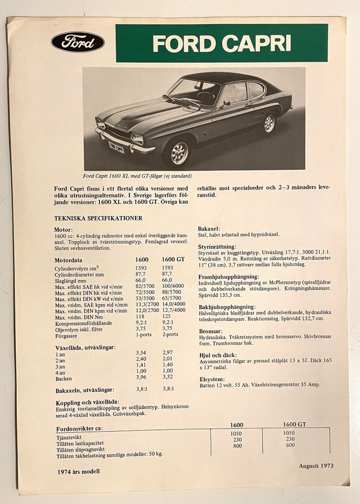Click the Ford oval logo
point(78,42)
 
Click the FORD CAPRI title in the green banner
point(222,43)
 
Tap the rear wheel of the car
point(269,123)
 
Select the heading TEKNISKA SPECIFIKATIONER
point(98,218)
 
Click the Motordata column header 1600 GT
point(173,260)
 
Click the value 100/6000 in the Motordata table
point(173,286)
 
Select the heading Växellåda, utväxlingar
point(85,347)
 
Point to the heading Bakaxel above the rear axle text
point(209,229)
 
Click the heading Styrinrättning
point(217,246)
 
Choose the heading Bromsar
point(210,331)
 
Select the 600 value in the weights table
point(289,446)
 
